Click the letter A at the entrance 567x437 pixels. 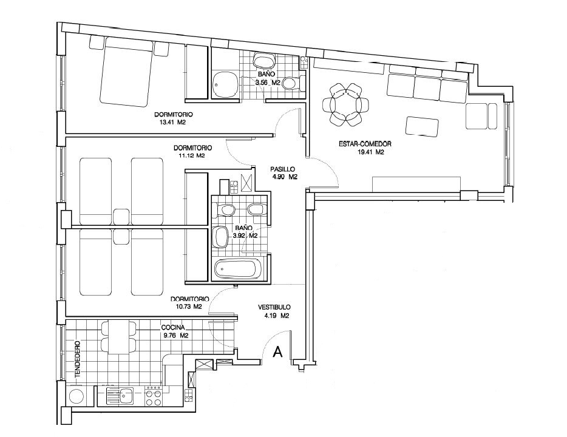coord(277,351)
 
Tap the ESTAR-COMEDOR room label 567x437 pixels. coord(365,144)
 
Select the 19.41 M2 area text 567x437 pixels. coord(370,152)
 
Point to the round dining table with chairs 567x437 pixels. coord(347,104)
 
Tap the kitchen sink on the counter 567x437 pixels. coord(120,396)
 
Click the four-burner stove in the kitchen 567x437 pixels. coord(153,396)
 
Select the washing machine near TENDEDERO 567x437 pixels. coord(76,396)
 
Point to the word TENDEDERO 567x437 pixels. coord(77,359)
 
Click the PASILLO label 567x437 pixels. coord(283,169)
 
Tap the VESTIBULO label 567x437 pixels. coord(274,308)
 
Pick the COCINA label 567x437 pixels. coord(173,328)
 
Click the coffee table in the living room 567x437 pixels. coord(423,126)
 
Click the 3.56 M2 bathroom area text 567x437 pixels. coord(268,83)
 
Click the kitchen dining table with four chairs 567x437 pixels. coord(118,337)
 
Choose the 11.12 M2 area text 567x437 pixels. coord(192,156)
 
